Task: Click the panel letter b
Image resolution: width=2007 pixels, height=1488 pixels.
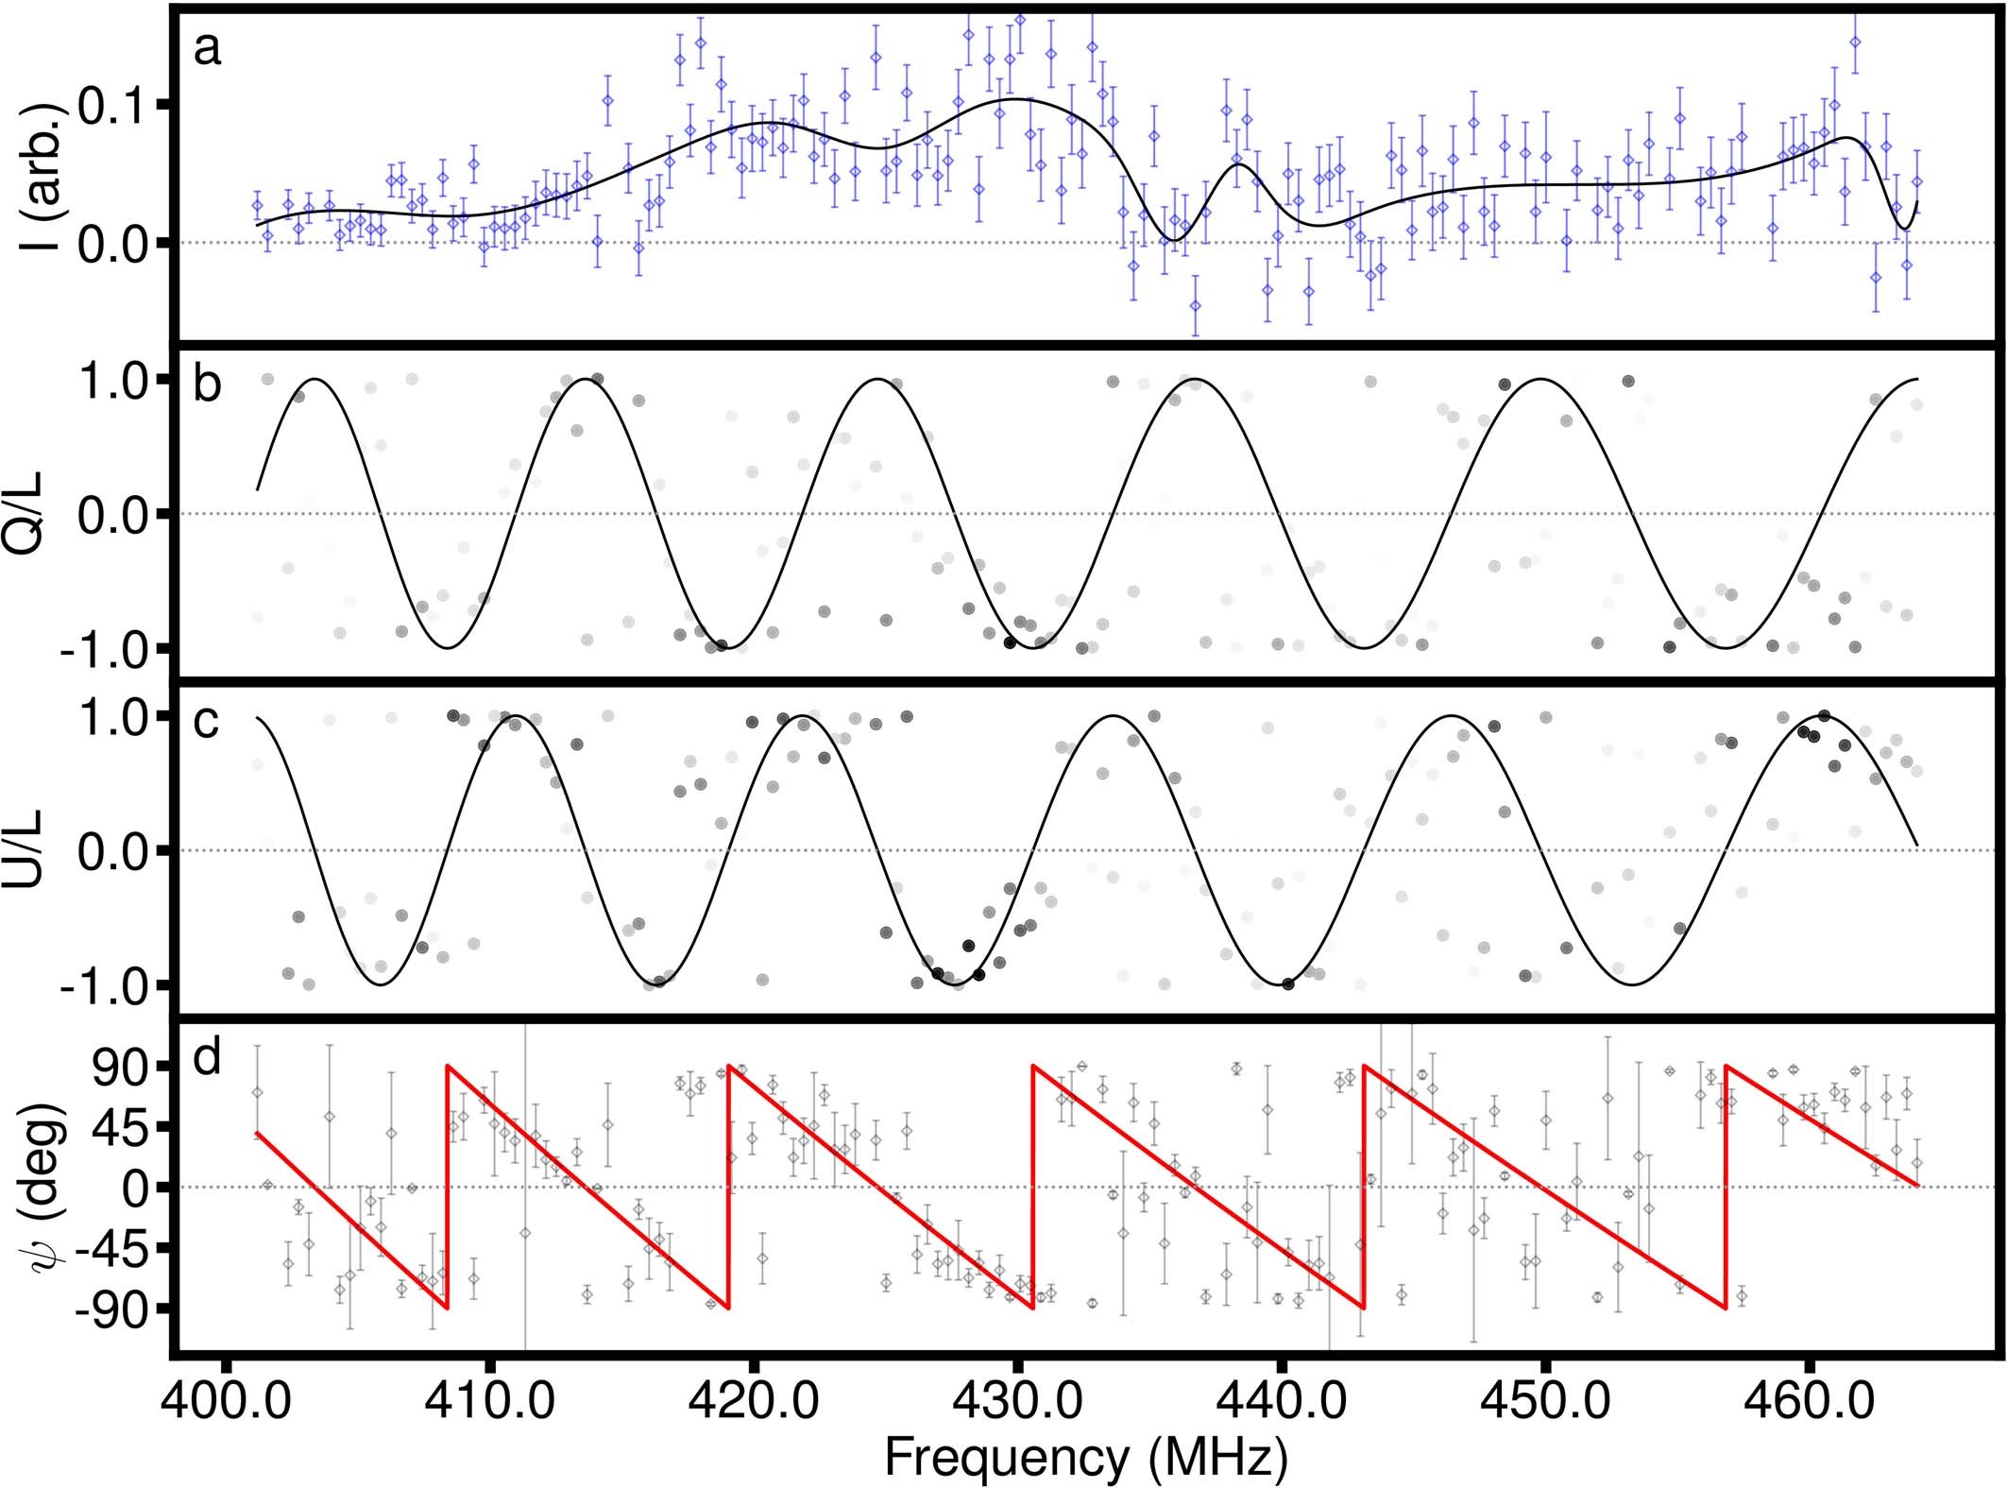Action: pos(207,385)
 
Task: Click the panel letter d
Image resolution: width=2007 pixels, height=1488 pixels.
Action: pos(207,1057)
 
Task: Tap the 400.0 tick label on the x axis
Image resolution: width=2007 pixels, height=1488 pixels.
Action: pos(224,1401)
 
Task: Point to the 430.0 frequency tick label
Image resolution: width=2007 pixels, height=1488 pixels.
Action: pos(1015,1401)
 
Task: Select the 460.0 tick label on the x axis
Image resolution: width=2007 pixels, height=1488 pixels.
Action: pos(1807,1401)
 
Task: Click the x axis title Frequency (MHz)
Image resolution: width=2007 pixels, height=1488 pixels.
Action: pos(1086,1458)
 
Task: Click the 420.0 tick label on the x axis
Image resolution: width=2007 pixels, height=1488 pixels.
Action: pos(752,1401)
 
